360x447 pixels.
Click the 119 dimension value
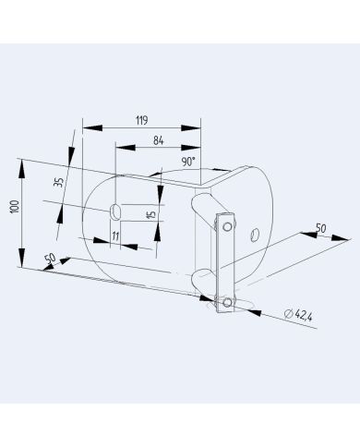[141, 120]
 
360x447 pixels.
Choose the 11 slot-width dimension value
[115, 237]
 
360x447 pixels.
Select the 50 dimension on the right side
[320, 227]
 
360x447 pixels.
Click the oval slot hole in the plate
[115, 211]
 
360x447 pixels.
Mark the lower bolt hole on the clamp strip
[225, 300]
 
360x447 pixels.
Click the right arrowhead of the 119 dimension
[198, 127]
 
